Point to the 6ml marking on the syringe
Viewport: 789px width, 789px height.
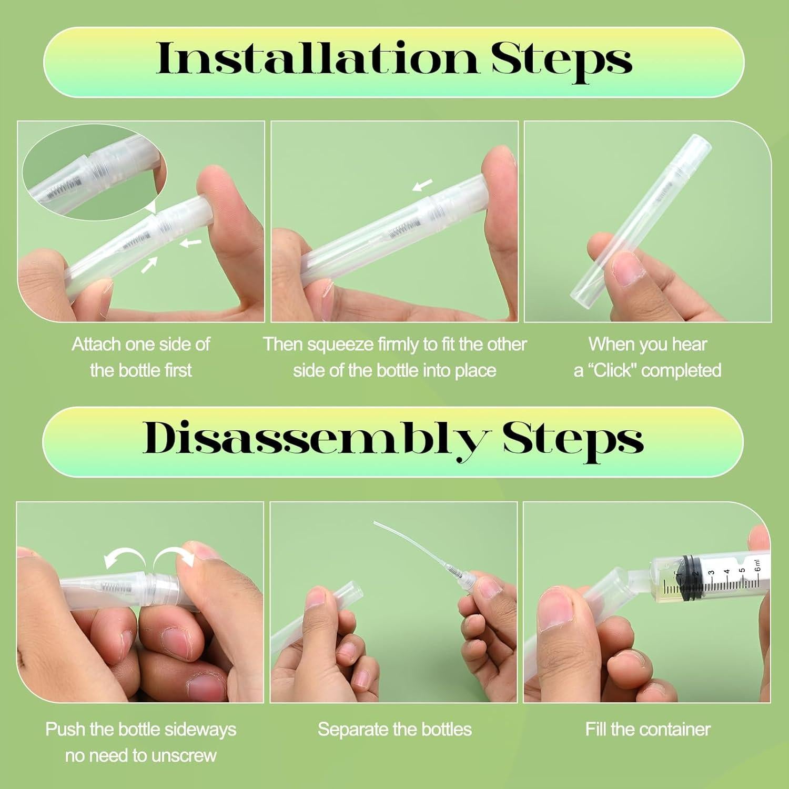point(757,565)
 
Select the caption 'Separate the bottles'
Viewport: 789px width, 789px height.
point(394,729)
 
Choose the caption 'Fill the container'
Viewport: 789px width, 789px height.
point(648,729)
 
